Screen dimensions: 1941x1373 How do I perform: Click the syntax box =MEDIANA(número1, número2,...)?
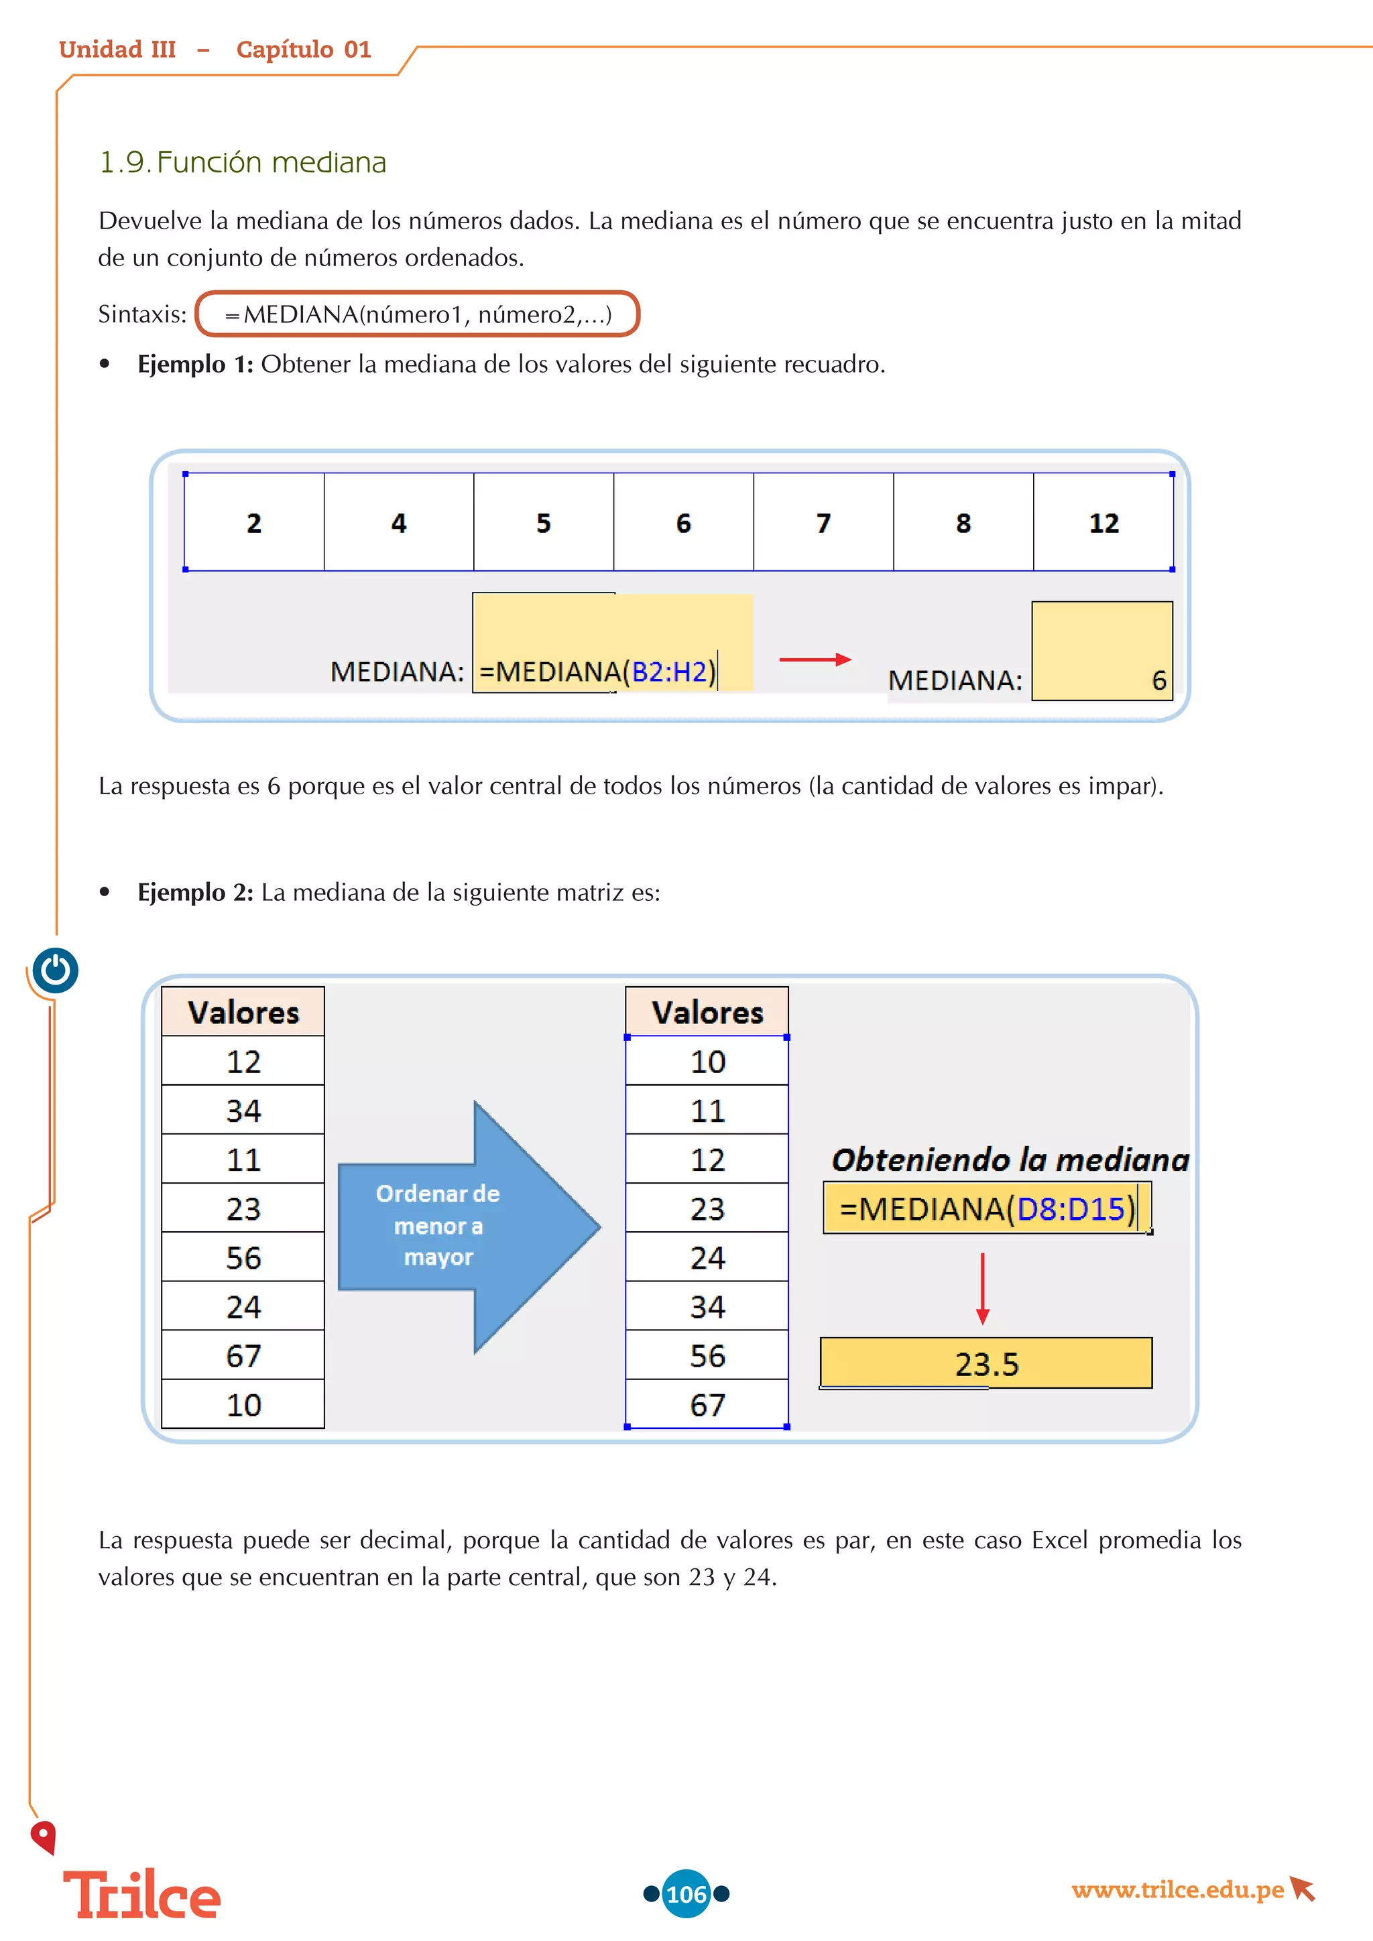[418, 314]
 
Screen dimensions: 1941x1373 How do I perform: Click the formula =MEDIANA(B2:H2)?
[597, 671]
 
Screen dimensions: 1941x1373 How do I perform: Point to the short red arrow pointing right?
[814, 660]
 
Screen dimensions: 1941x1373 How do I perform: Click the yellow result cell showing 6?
[1101, 651]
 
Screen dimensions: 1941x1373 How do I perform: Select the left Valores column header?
[243, 1012]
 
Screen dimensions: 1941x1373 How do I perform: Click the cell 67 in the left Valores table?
[243, 1356]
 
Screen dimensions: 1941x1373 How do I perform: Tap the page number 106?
[686, 1893]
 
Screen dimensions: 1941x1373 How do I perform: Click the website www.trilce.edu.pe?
[1177, 1889]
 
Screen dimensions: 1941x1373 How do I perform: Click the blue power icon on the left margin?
[56, 970]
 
